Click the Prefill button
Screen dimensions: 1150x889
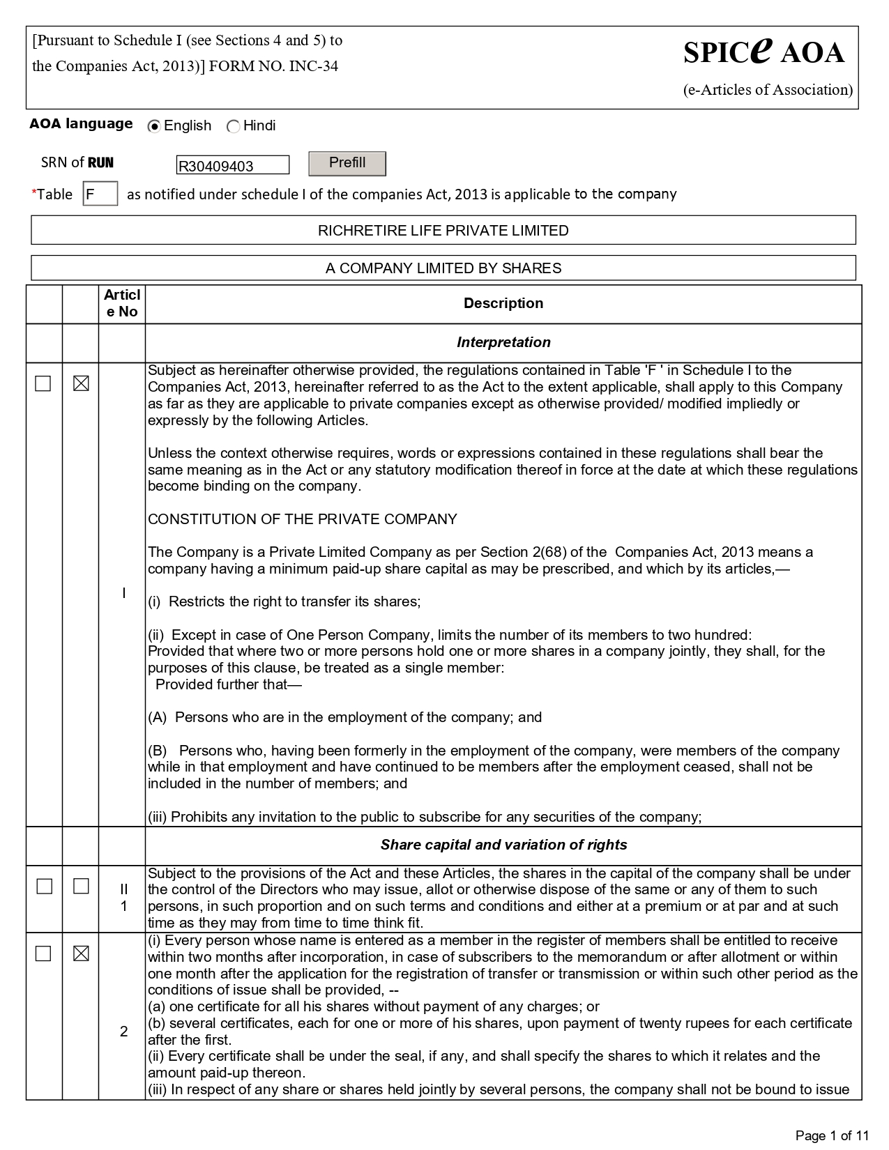pos(347,163)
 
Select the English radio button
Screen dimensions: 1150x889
pos(155,127)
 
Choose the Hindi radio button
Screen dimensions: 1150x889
pos(234,127)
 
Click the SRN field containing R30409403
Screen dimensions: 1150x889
pos(232,165)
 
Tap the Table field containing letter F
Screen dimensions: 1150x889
pos(100,194)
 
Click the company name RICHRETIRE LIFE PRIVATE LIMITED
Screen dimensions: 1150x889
pos(443,231)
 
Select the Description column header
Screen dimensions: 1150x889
pos(503,303)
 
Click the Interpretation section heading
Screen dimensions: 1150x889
pos(503,342)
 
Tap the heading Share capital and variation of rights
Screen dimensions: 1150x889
pos(503,845)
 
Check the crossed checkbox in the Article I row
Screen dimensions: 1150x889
pos(81,383)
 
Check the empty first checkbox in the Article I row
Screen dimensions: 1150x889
pos(43,383)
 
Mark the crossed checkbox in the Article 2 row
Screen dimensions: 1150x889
pos(81,953)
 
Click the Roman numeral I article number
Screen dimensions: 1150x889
pos(123,593)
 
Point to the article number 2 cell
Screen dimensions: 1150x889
pos(123,1031)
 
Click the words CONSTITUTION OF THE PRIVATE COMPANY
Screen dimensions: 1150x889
pos(302,519)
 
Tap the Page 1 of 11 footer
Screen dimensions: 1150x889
pos(833,1135)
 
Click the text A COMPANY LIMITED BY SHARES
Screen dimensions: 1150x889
pos(443,268)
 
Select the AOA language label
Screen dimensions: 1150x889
pos(81,124)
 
